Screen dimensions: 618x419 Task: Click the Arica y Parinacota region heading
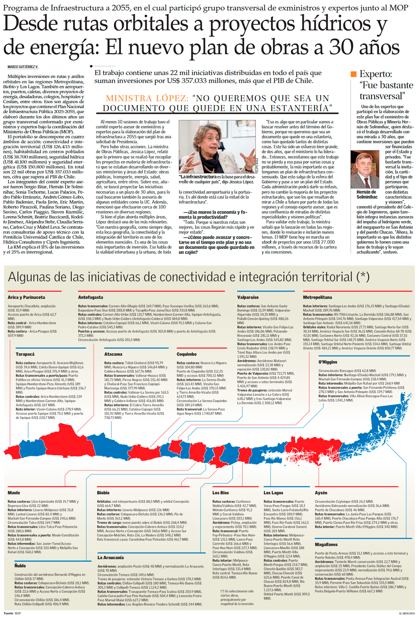tap(26, 297)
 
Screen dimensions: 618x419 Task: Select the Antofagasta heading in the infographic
tap(90, 297)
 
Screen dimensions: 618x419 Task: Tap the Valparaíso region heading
tap(248, 297)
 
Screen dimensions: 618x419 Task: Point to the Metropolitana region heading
tap(317, 297)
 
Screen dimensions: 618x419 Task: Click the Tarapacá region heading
tap(25, 354)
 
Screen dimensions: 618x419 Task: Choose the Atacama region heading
tap(113, 354)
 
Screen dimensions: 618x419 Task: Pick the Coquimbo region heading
tap(187, 354)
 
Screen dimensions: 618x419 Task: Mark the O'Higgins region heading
tap(328, 362)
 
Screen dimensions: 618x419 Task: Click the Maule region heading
tap(14, 493)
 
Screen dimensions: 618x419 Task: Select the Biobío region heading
tap(103, 493)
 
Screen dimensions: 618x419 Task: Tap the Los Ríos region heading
tap(221, 493)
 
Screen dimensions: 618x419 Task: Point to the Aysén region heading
tap(321, 493)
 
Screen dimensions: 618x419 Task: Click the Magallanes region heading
tap(326, 545)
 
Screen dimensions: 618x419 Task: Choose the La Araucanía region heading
tap(110, 557)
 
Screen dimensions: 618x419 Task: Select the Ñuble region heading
tap(20, 566)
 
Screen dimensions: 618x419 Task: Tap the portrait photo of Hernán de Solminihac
tap(365, 169)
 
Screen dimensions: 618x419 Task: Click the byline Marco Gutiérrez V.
tap(23, 67)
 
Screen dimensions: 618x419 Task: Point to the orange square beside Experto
tap(353, 74)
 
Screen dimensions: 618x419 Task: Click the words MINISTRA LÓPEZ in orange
tap(147, 99)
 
